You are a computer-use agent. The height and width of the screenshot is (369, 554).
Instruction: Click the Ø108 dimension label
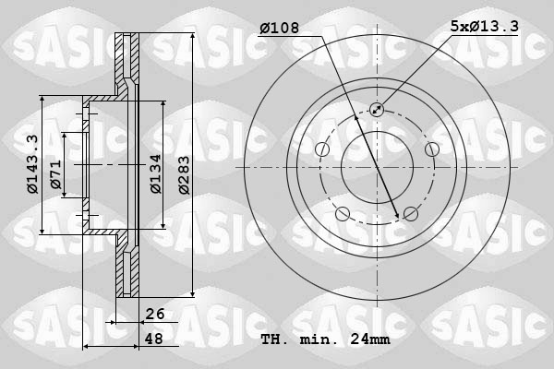(278, 30)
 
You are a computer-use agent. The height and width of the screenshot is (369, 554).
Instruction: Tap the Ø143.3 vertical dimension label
(32, 164)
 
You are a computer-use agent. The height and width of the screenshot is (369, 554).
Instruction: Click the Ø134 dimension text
(156, 171)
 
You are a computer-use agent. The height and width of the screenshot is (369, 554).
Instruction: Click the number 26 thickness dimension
(155, 315)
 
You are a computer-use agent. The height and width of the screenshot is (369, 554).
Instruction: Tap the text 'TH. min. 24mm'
(326, 339)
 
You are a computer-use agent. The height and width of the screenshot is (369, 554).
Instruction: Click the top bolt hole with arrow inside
(377, 110)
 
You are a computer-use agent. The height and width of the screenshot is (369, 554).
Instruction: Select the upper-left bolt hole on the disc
(322, 149)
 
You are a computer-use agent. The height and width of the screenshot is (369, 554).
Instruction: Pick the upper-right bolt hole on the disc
(431, 149)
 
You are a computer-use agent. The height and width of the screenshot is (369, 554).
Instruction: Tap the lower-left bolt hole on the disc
(343, 214)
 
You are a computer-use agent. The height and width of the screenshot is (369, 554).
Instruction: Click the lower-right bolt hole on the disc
(411, 214)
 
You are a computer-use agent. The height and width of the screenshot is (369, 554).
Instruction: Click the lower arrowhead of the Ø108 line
(398, 215)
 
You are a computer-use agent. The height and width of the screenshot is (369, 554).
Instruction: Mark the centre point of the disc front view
(377, 167)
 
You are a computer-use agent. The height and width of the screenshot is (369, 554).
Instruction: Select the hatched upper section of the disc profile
(123, 65)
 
